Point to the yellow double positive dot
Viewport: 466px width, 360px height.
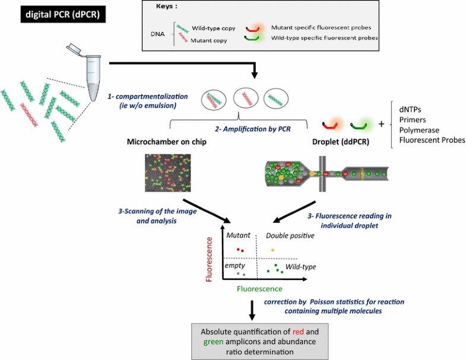coord(272,250)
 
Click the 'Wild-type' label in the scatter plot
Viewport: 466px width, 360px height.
coord(300,267)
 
